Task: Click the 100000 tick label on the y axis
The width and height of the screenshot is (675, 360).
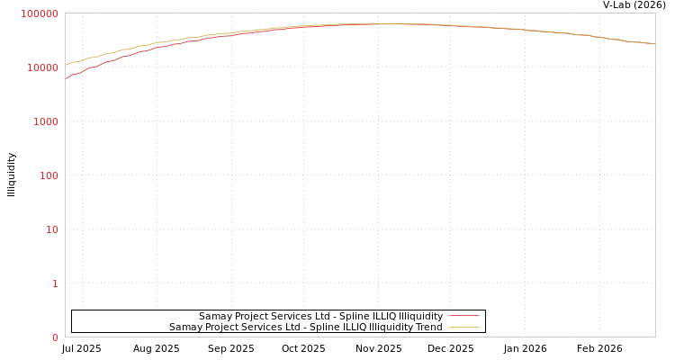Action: (40, 13)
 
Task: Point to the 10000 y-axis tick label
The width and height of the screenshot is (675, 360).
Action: (43, 67)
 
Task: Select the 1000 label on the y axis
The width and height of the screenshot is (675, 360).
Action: (45, 121)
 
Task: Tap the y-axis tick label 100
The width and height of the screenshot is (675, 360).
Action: (49, 175)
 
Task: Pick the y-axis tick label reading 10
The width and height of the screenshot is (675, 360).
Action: (51, 229)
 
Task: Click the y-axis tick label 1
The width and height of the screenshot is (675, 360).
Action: (54, 283)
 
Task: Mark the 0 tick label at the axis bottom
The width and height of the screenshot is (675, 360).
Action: (54, 337)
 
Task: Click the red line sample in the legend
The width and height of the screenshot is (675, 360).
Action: (463, 316)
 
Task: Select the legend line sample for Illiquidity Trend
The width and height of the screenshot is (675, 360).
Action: (463, 327)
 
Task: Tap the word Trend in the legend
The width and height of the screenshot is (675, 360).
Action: (427, 327)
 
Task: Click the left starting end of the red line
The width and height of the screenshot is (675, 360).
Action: (66, 79)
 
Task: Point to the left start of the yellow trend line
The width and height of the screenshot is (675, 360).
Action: (66, 65)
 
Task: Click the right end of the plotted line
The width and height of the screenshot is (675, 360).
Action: (654, 43)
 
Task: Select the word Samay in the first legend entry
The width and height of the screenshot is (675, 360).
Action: (216, 316)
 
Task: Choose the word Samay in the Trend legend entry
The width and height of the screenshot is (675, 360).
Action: (186, 327)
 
